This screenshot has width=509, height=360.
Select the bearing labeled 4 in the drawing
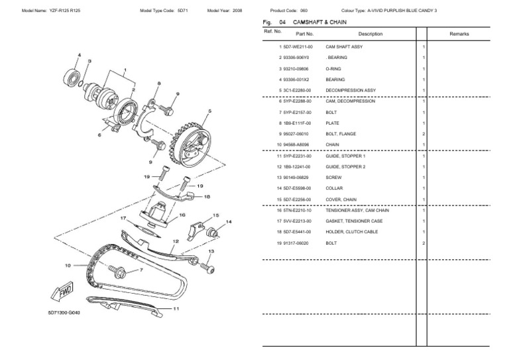click(71, 74)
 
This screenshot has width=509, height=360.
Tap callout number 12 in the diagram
click(176, 242)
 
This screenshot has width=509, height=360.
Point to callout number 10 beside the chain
click(67, 265)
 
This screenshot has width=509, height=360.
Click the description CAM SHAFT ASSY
click(344, 47)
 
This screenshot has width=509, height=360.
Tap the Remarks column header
click(459, 33)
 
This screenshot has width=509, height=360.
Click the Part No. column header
click(304, 33)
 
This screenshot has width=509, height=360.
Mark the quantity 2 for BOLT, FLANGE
click(424, 133)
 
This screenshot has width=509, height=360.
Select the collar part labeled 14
click(214, 233)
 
